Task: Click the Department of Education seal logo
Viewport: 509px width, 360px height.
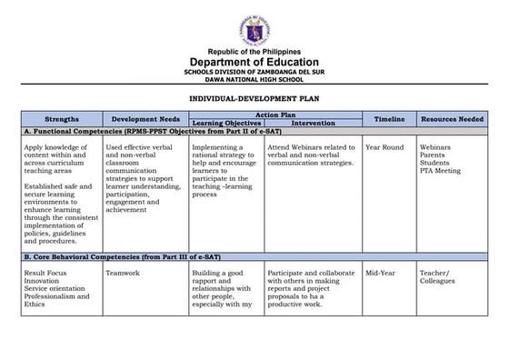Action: pyautogui.click(x=254, y=23)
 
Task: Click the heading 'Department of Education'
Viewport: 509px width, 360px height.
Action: pyautogui.click(x=254, y=62)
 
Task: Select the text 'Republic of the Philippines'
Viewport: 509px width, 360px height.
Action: pyautogui.click(x=254, y=51)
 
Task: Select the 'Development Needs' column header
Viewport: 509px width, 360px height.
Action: pyautogui.click(x=144, y=119)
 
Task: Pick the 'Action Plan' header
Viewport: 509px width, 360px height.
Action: pyautogui.click(x=274, y=115)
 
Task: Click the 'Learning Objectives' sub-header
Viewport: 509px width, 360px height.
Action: pyautogui.click(x=226, y=123)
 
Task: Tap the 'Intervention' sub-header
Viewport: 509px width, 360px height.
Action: pyautogui.click(x=314, y=123)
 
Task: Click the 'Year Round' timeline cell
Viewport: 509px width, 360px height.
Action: pyautogui.click(x=384, y=146)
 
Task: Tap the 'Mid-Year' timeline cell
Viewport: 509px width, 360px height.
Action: pyautogui.click(x=380, y=272)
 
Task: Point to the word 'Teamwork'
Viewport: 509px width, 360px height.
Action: pyautogui.click(x=124, y=272)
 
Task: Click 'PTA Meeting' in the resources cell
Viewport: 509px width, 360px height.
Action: pyautogui.click(x=441, y=171)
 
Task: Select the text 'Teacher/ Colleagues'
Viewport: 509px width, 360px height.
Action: pyautogui.click(x=439, y=276)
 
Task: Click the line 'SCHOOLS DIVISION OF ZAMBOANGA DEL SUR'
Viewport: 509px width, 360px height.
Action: pyautogui.click(x=254, y=71)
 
